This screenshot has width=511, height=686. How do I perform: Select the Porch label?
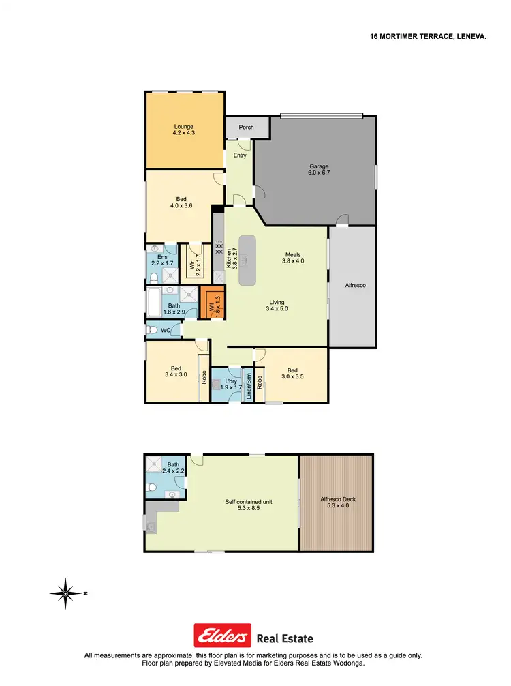tap(246, 128)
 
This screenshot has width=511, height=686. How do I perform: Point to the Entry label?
tap(240, 155)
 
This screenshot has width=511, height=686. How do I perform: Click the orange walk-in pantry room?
tap(213, 305)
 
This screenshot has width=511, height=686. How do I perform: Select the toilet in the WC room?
tap(152, 330)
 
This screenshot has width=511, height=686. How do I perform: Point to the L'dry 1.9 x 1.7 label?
tap(231, 383)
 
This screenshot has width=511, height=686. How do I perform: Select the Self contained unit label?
tap(249, 505)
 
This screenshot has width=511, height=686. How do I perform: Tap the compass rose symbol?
tap(65, 593)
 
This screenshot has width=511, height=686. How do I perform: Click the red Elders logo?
tap(222, 638)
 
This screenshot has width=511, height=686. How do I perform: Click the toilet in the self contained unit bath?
tap(153, 488)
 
